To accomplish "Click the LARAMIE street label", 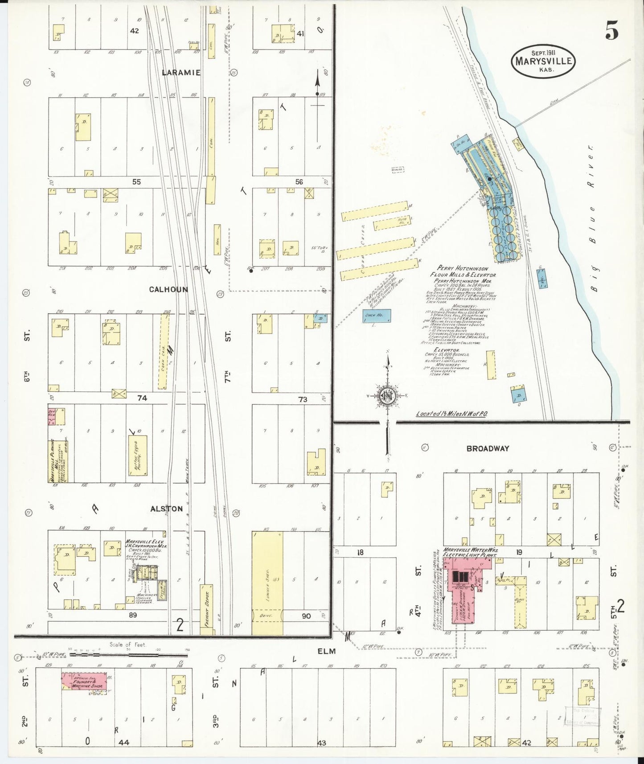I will click(181, 72).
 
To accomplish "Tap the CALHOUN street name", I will click(168, 289).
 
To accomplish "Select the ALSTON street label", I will click(166, 509).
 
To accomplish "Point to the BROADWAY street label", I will click(488, 448).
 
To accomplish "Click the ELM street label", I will click(326, 651).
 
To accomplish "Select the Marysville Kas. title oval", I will click(543, 62).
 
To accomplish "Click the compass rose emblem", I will click(386, 396).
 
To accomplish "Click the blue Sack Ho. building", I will click(377, 316).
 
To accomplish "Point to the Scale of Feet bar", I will click(127, 655).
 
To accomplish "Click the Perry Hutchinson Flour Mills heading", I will click(463, 271).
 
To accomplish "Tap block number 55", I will click(136, 182).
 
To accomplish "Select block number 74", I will click(142, 398).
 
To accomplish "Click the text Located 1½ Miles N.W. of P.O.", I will click(452, 414).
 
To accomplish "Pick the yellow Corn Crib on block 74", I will click(164, 351).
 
